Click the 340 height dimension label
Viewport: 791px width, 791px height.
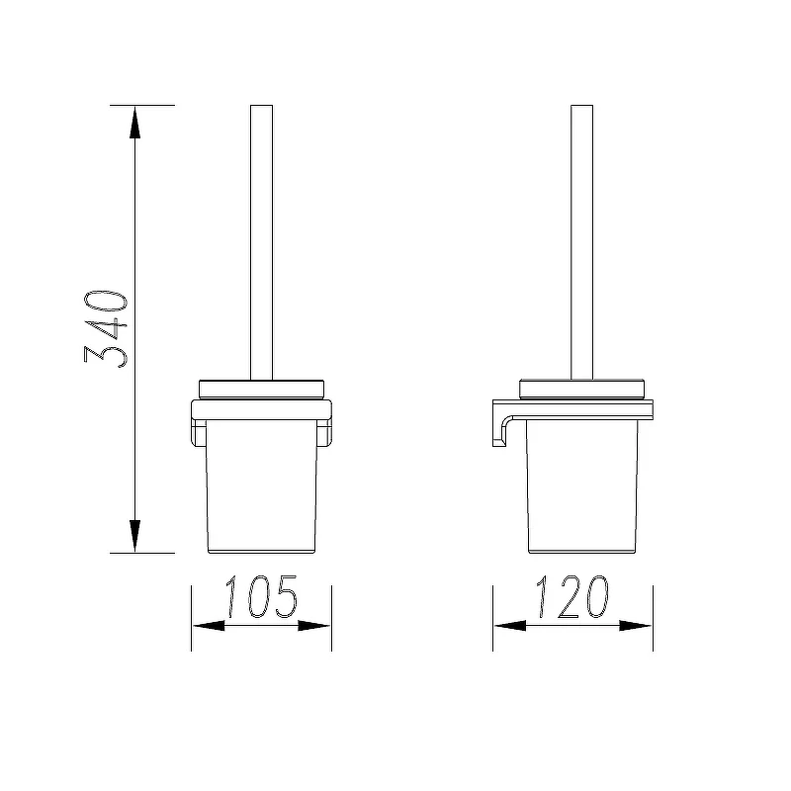(x=106, y=328)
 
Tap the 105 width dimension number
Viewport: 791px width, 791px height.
(x=261, y=596)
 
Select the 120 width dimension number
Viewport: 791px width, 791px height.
(x=572, y=596)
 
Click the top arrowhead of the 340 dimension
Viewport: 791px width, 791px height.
(x=134, y=122)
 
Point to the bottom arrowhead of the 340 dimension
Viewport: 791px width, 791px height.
(x=134, y=536)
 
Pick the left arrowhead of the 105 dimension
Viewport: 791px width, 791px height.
(x=209, y=626)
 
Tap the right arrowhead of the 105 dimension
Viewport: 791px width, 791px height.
(x=313, y=626)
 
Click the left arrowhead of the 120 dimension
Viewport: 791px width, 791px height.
(x=510, y=626)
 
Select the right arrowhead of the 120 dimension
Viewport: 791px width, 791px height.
(x=636, y=626)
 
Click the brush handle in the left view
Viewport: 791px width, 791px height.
(x=261, y=242)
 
